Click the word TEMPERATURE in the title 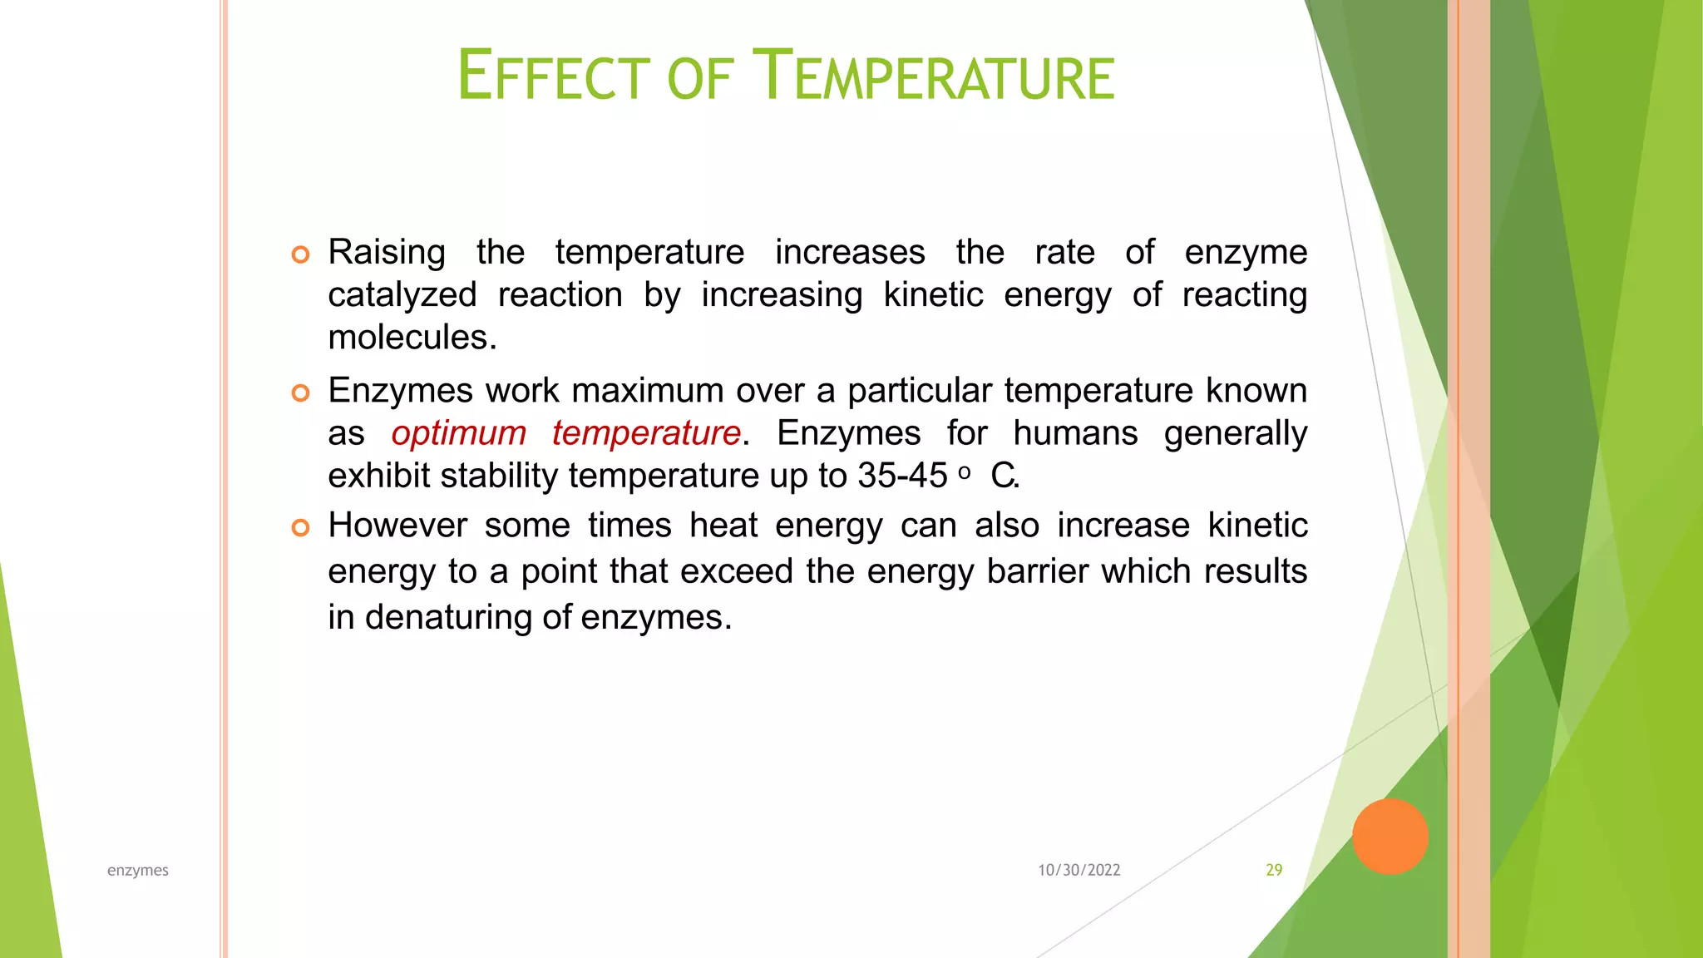(933, 77)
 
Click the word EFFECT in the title (553, 77)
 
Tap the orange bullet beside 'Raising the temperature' (301, 254)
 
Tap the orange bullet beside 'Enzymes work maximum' (301, 393)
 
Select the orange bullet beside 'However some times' (301, 527)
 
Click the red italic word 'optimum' (459, 433)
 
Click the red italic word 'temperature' (646, 433)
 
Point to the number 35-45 (902, 476)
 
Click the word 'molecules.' (412, 338)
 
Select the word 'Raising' (387, 253)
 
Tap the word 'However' (397, 526)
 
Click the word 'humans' (1075, 433)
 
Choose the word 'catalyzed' (402, 296)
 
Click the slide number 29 (1274, 870)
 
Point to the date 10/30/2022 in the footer (1079, 870)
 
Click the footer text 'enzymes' (138, 870)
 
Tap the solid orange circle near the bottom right (1390, 837)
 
